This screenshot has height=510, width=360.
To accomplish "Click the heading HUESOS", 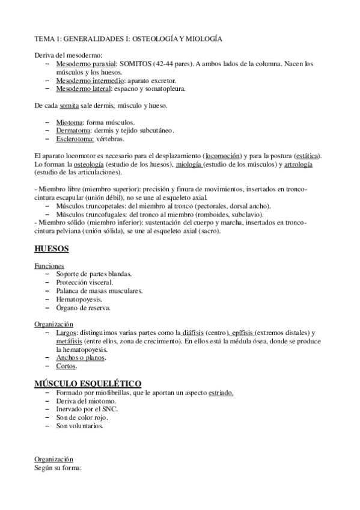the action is [52, 248].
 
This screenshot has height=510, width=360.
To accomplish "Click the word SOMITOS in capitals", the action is [136, 63].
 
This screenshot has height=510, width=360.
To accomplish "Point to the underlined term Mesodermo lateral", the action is [76, 88].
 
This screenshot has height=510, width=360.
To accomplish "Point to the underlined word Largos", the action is [66, 333].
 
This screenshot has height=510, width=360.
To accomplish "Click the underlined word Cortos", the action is [66, 366].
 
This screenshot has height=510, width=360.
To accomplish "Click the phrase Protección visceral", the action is [84, 282].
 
